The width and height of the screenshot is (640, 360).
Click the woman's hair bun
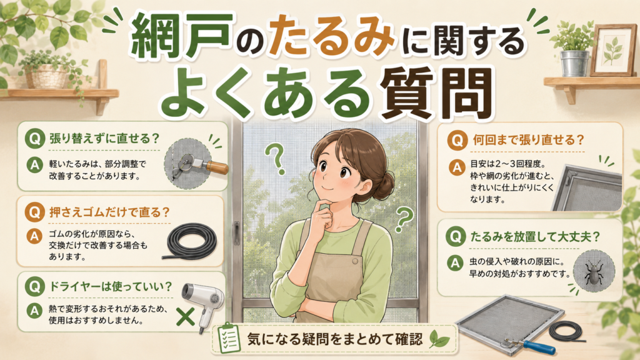[382, 184]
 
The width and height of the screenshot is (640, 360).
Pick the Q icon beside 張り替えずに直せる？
[35, 138]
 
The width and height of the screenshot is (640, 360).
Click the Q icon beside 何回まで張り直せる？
[457, 141]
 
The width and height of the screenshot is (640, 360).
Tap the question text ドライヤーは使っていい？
[111, 286]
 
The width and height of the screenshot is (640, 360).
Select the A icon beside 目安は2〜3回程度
[457, 167]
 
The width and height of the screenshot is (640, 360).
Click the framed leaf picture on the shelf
[614, 50]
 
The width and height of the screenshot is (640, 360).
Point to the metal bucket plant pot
[574, 63]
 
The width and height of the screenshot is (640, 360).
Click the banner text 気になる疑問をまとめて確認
[335, 339]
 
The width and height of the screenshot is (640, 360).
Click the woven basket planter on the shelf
[46, 76]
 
